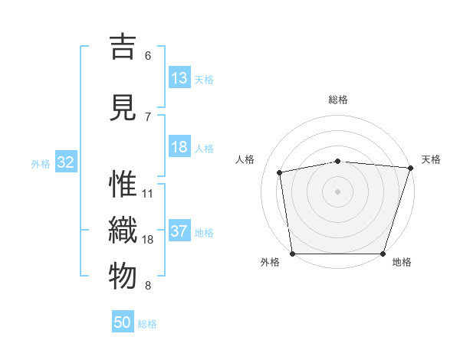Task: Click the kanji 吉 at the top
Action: coord(123,47)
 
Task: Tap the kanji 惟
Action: coord(123,185)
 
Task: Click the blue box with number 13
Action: coord(179,78)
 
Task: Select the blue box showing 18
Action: coord(179,147)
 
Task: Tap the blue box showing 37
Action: coord(179,231)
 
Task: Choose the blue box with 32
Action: coord(66,162)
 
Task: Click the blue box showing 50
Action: coord(123,322)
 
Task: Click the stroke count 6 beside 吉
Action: coord(148,55)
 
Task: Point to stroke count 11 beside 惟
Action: coord(148,193)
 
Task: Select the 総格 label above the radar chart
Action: coord(338,100)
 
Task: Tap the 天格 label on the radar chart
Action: coord(431,159)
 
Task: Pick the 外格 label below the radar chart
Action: coord(270,262)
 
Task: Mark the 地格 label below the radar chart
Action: coord(402,262)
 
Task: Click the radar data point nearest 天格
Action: coord(410,168)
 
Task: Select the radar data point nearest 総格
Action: coord(338,161)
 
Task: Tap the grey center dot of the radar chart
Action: coord(338,191)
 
